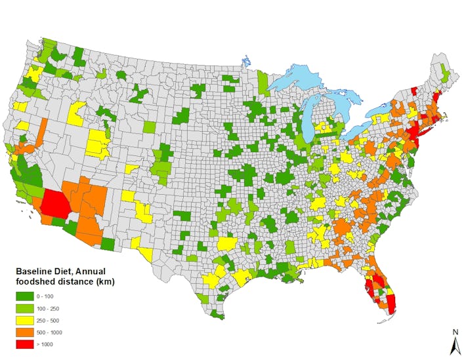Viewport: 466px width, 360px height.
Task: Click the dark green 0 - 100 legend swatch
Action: pos(23,296)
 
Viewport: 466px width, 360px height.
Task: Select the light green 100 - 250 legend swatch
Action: pos(23,308)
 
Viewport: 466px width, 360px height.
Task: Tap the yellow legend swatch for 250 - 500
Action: pos(23,320)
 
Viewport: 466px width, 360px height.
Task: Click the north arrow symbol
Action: pos(454,344)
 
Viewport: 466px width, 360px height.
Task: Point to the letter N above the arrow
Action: pos(454,331)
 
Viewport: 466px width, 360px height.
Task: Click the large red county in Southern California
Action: pos(54,203)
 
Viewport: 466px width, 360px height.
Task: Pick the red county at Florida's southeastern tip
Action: pos(391,304)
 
